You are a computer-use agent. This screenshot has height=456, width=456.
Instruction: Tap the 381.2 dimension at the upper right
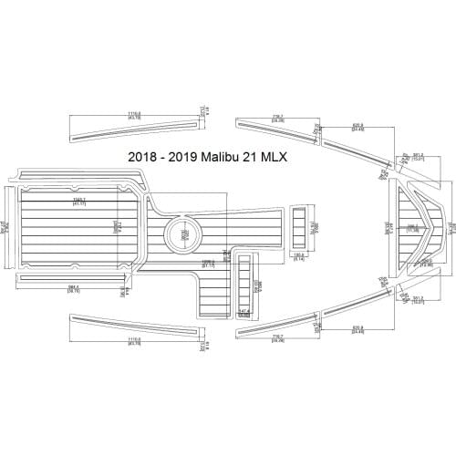coord(418,155)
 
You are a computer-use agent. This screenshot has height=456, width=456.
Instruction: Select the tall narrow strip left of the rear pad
coord(9,224)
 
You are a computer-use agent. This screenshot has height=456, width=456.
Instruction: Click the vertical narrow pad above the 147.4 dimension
coord(245,279)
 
